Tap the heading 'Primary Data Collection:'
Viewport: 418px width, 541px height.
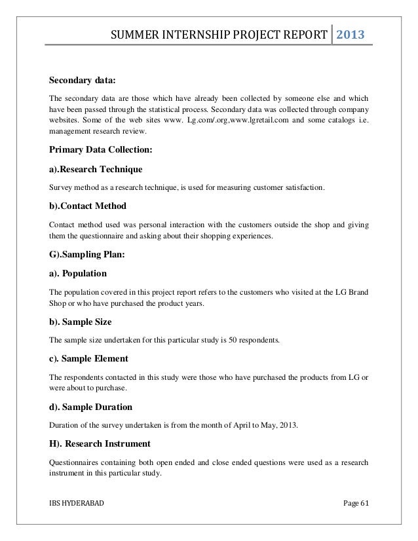click(x=101, y=150)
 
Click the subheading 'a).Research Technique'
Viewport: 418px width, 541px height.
click(x=96, y=170)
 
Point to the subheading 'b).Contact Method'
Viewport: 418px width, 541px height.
click(x=88, y=206)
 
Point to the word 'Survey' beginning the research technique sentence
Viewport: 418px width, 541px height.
click(x=62, y=188)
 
